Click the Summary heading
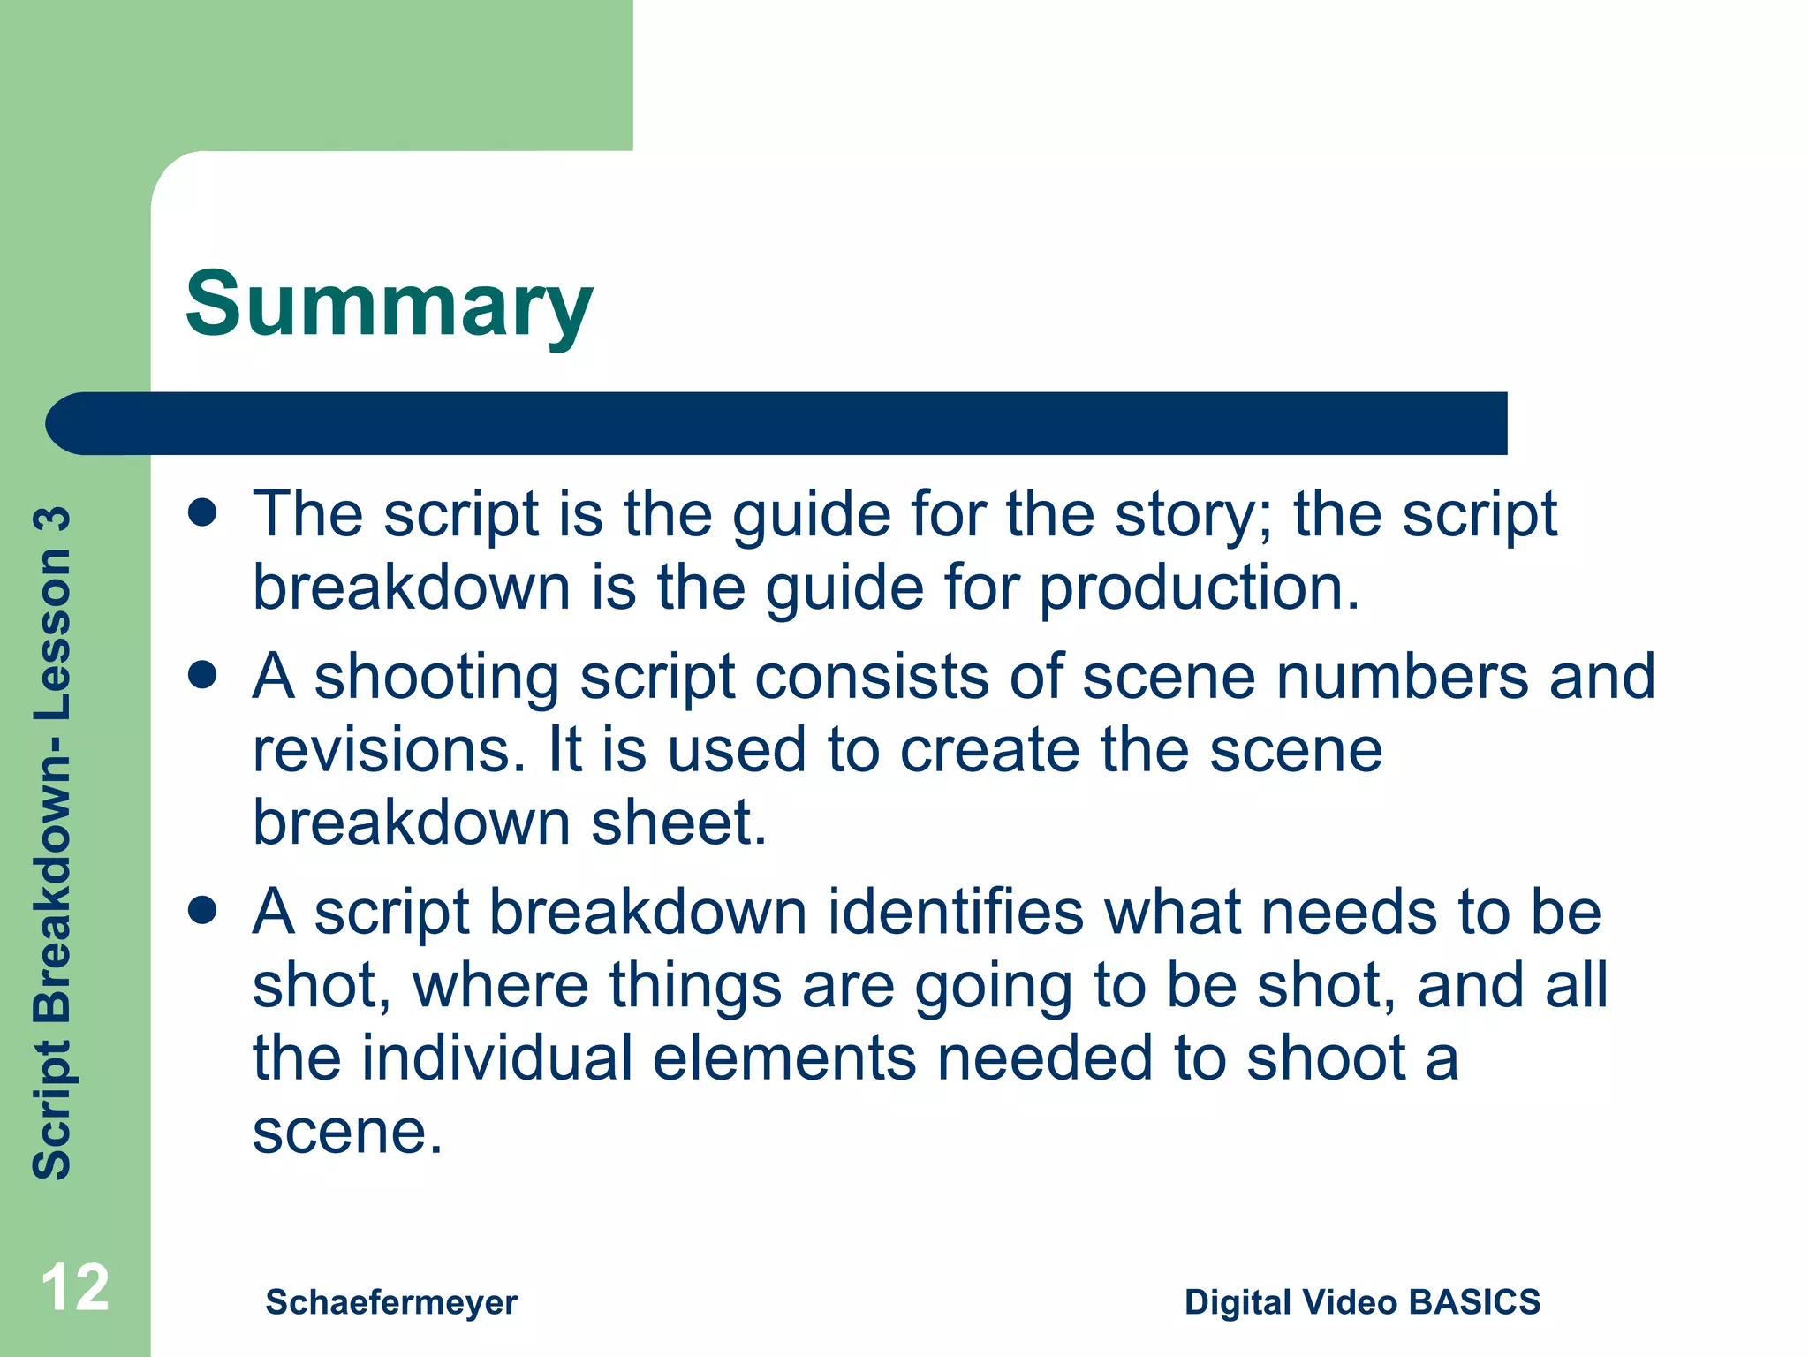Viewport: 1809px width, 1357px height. click(389, 305)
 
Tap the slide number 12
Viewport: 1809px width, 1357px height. click(75, 1288)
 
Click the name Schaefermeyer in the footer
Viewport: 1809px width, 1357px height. click(391, 1302)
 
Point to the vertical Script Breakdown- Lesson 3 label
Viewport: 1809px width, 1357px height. click(51, 844)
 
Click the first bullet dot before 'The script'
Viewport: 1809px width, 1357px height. click(203, 513)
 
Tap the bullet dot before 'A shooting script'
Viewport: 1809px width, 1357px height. click(203, 676)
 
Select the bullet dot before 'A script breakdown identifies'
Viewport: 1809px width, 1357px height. click(203, 911)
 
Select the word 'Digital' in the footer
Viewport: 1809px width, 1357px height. click(1238, 1302)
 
